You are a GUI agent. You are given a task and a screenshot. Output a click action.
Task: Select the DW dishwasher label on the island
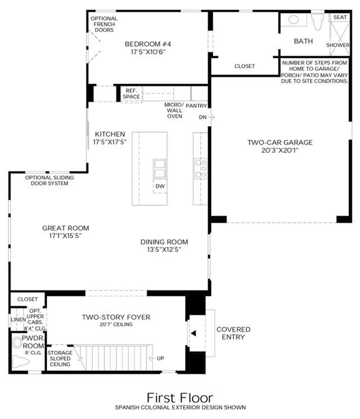click(x=160, y=186)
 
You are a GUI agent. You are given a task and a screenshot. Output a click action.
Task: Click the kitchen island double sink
click(x=160, y=169)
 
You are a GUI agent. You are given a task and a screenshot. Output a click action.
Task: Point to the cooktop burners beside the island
click(x=201, y=168)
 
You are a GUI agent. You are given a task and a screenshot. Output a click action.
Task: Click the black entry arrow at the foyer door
click(x=193, y=333)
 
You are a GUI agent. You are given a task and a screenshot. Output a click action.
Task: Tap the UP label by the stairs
click(x=160, y=358)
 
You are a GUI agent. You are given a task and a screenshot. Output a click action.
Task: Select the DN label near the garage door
click(x=202, y=118)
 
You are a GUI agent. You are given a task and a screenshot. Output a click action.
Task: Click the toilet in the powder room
click(x=21, y=362)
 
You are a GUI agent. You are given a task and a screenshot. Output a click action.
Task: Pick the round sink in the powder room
click(x=17, y=343)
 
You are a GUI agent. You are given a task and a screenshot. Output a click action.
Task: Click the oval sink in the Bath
click(x=294, y=20)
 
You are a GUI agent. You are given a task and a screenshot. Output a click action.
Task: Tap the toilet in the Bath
click(x=318, y=21)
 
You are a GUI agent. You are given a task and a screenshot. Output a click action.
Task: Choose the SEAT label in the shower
click(x=340, y=17)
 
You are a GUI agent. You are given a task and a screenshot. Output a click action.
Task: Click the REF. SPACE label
click(x=131, y=94)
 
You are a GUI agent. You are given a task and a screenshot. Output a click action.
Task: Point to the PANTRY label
click(x=196, y=106)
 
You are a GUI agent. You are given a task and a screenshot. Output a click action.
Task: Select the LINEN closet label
click(x=18, y=319)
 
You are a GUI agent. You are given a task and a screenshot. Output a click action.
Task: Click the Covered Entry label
click(x=233, y=333)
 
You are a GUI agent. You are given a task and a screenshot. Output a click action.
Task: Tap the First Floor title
click(x=180, y=398)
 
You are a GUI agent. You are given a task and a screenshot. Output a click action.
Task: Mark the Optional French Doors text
click(x=104, y=24)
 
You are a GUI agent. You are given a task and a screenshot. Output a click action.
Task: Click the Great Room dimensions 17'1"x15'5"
click(x=65, y=236)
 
